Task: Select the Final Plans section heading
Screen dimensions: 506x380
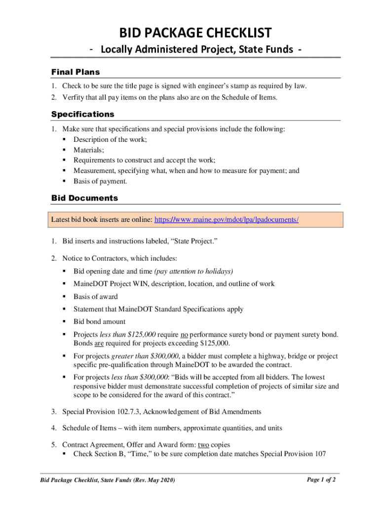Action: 76,72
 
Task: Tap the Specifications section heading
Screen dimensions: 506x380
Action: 82,114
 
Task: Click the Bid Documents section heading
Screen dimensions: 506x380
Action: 84,198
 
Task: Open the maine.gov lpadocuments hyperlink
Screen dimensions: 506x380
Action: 227,219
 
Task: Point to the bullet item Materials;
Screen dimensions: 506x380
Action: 89,150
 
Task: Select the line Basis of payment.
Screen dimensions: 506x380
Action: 100,181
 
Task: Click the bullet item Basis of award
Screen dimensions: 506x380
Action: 96,296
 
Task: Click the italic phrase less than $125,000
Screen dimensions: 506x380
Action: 128,335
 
